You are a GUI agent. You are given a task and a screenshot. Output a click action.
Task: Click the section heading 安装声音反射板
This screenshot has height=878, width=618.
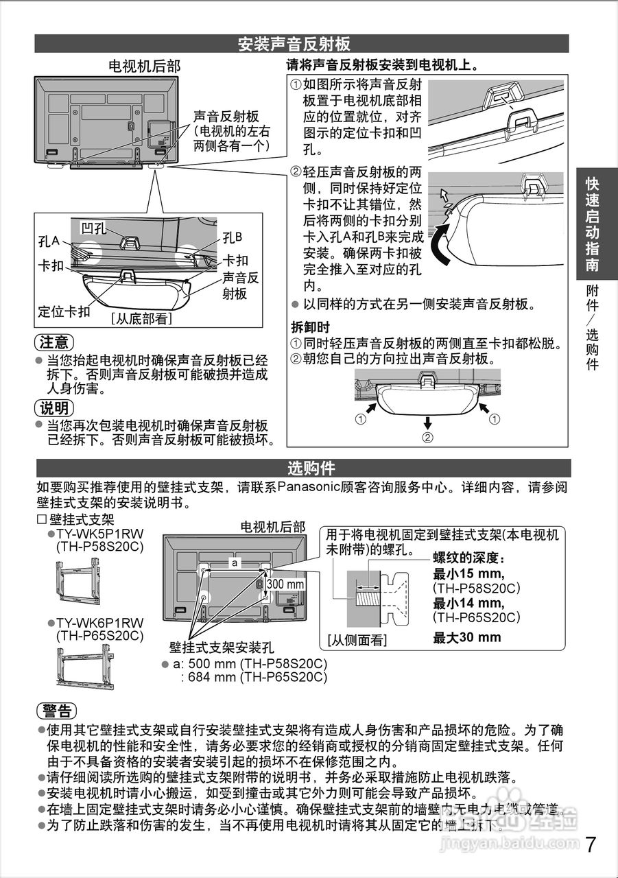294,44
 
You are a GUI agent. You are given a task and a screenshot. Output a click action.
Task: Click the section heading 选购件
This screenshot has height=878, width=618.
311,468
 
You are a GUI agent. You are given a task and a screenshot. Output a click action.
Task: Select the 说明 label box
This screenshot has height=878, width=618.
54,408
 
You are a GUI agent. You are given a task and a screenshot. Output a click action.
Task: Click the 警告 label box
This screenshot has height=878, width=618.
56,710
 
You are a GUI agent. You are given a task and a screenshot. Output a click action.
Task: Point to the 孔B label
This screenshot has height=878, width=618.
233,237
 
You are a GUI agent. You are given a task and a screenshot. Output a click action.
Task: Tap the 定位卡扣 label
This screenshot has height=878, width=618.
64,312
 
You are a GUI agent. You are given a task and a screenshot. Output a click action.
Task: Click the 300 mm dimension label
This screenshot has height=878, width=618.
285,584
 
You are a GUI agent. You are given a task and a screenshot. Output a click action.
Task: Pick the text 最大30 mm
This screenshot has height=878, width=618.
466,637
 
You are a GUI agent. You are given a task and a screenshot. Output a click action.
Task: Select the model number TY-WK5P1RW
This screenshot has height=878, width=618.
99,534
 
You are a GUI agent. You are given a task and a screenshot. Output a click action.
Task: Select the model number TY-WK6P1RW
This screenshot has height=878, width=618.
99,623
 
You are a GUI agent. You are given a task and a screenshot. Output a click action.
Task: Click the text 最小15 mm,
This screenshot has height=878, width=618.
468,574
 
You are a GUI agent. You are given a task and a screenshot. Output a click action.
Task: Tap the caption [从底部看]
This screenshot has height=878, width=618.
141,319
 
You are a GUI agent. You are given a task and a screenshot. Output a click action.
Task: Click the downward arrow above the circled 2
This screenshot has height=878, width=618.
427,422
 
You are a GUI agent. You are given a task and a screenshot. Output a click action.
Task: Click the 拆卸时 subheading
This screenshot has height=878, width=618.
311,327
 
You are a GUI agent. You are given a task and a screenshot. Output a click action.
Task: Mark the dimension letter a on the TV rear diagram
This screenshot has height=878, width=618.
235,562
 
